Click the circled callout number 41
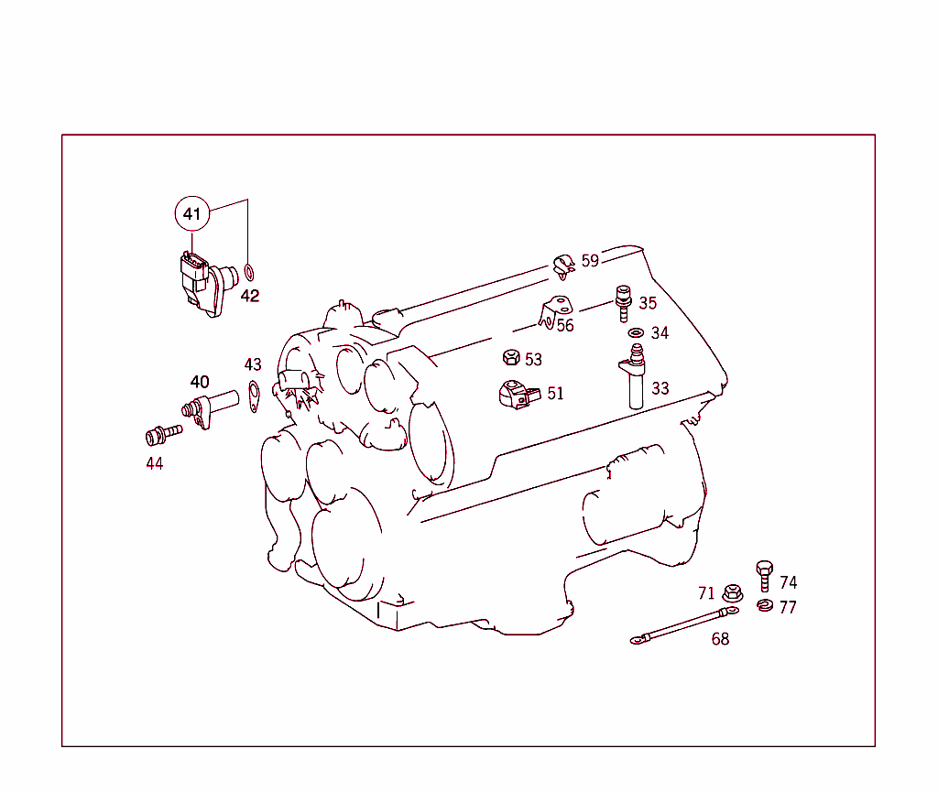(x=191, y=214)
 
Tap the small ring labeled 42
(x=249, y=273)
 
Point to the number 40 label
(x=200, y=382)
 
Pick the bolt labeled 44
(x=157, y=435)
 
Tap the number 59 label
(x=590, y=261)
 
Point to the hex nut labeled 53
(x=511, y=358)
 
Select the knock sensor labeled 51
(x=516, y=394)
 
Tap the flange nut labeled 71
(x=731, y=593)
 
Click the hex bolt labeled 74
(x=766, y=576)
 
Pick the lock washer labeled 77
(x=765, y=605)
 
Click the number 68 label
(x=721, y=639)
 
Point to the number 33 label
(x=660, y=388)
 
